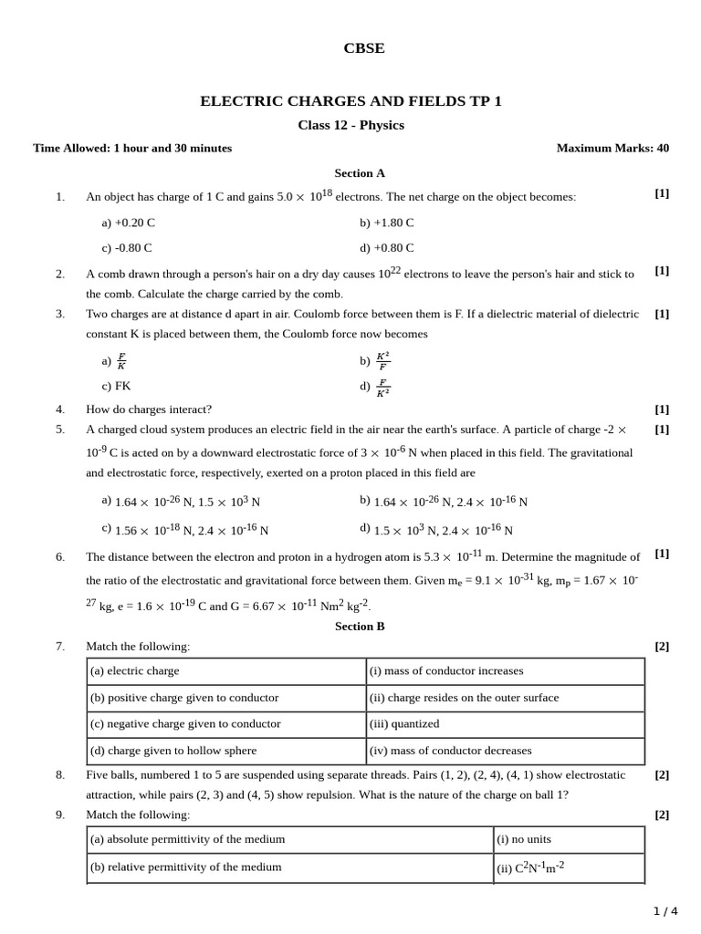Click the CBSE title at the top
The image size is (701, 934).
[x=363, y=48]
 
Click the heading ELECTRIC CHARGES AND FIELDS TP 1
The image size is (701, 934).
[x=350, y=101]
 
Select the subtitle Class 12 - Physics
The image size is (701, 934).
[x=350, y=125]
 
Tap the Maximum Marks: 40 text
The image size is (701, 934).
[x=612, y=148]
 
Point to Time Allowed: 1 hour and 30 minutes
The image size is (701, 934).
[x=132, y=148]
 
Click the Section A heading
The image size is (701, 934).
[x=360, y=172]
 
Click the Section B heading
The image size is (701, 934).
[x=360, y=626]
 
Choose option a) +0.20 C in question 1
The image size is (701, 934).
[x=129, y=222]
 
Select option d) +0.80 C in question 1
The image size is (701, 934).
[x=387, y=247]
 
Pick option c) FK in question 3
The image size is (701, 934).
[x=117, y=386]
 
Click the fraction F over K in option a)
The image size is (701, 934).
[x=121, y=361]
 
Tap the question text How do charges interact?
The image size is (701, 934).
[x=149, y=410]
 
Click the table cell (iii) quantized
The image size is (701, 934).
[x=404, y=723]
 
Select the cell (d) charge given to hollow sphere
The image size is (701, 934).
[x=173, y=751]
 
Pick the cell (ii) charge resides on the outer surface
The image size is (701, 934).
[x=464, y=698]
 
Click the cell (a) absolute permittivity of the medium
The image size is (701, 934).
[x=187, y=839]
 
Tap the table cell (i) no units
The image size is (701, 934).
[x=524, y=839]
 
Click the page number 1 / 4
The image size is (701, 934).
[x=665, y=910]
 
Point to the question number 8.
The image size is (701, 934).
[x=60, y=774]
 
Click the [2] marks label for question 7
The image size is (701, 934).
[x=662, y=647]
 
